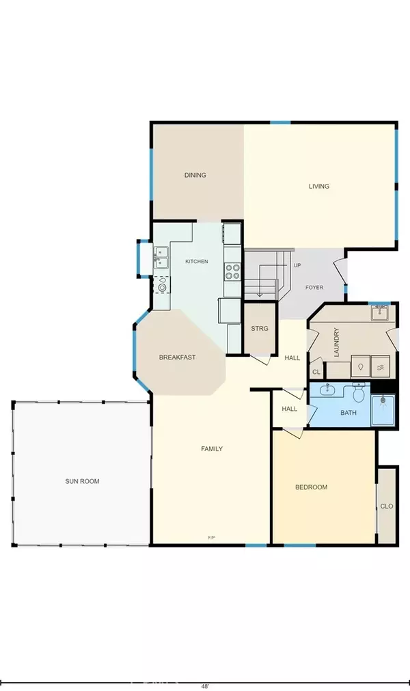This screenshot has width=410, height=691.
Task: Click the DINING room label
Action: pyautogui.click(x=195, y=175)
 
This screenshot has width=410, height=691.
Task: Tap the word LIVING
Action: pyautogui.click(x=318, y=186)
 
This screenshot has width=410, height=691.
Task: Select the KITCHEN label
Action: pyautogui.click(x=197, y=262)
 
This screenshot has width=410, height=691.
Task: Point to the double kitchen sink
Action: pyautogui.click(x=161, y=259)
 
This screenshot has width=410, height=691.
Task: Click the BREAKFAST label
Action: pyautogui.click(x=178, y=357)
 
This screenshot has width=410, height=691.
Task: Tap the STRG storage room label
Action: pyautogui.click(x=260, y=329)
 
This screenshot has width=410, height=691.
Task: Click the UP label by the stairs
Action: pyautogui.click(x=297, y=265)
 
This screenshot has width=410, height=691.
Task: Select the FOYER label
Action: pyautogui.click(x=314, y=288)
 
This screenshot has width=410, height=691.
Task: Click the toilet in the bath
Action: pyautogui.click(x=357, y=394)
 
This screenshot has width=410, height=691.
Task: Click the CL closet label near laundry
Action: pyautogui.click(x=316, y=372)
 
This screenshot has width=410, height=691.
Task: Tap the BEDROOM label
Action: pyautogui.click(x=311, y=487)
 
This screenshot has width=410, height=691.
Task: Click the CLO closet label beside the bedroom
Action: pyautogui.click(x=387, y=506)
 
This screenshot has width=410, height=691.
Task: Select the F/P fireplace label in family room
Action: pyautogui.click(x=212, y=538)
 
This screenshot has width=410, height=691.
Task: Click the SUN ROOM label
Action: pyautogui.click(x=82, y=481)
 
